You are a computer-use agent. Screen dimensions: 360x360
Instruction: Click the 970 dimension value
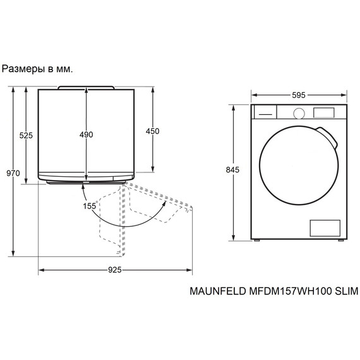(x=13, y=173)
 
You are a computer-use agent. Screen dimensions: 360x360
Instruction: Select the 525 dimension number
(x=26, y=135)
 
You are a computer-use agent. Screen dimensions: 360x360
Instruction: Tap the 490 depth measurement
(x=87, y=135)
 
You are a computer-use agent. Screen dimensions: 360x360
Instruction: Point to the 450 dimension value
(x=152, y=131)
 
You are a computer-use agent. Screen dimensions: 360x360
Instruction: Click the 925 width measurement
(x=115, y=270)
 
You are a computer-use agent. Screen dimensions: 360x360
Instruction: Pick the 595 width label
(x=299, y=95)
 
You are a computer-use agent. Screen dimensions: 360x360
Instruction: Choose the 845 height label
(x=232, y=170)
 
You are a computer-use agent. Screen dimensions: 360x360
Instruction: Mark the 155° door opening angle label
(x=90, y=206)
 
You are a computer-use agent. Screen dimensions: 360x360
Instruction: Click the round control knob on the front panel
(x=299, y=113)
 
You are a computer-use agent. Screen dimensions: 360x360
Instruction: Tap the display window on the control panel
(x=324, y=112)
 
